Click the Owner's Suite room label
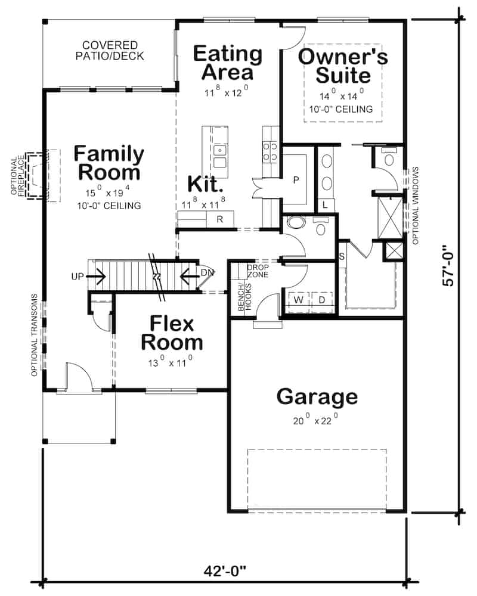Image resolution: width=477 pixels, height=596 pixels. point(343,66)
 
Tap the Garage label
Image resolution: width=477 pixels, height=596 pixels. point(317,396)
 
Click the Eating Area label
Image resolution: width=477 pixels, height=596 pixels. point(227,63)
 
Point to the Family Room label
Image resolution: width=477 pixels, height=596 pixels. point(109,163)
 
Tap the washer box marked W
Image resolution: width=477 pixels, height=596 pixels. point(298,300)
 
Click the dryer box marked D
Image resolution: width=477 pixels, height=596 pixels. point(321,300)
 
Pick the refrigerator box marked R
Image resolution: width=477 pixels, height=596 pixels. point(219,219)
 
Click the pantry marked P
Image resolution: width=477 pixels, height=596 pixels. point(295,179)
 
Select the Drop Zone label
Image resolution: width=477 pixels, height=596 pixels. point(258,271)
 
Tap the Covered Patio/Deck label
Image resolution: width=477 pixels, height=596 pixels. point(110,51)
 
